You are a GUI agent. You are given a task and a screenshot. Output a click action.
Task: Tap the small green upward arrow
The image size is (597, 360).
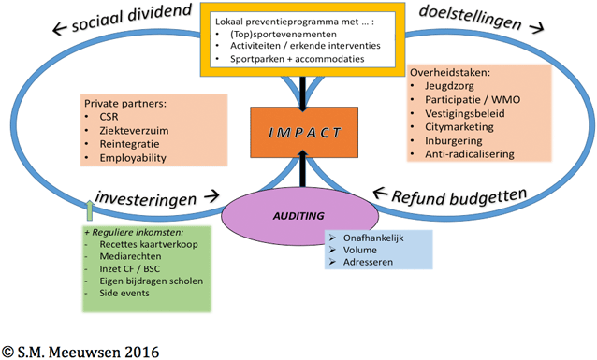click(90, 209)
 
